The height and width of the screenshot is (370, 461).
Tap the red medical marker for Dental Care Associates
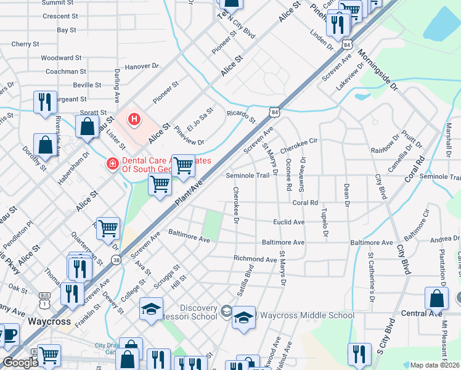click(112, 164)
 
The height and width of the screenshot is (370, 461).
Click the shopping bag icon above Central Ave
click(436, 298)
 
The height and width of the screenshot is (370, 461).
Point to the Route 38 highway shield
click(117, 261)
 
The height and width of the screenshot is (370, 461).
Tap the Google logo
click(20, 362)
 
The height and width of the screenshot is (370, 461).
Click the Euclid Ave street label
click(289, 222)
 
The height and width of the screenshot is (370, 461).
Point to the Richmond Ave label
click(255, 259)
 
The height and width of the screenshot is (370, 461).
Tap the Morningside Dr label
click(378, 74)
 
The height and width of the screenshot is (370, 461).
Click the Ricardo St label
click(240, 115)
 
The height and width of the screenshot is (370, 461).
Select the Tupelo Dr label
click(324, 223)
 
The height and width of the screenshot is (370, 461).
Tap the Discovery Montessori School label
click(198, 312)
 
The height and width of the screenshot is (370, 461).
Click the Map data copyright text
click(434, 365)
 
